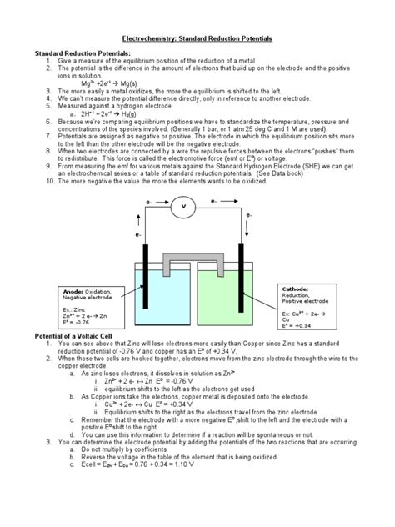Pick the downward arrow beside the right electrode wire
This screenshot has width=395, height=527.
click(x=249, y=237)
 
